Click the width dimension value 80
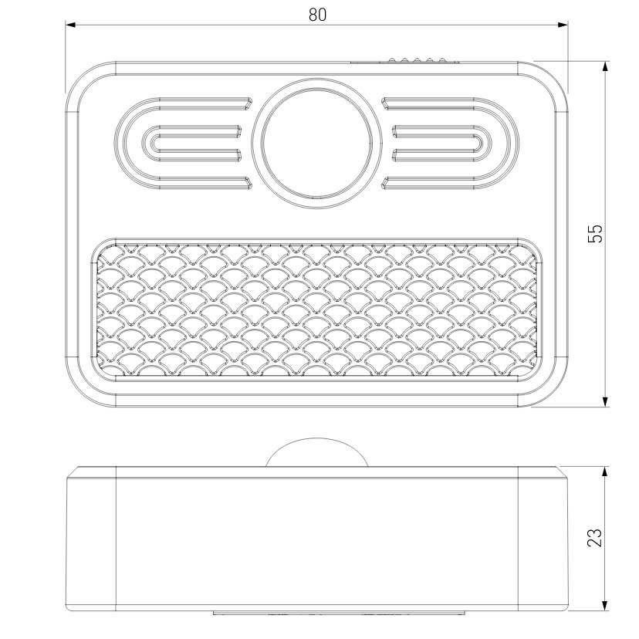click(x=317, y=15)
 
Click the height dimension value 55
click(x=595, y=234)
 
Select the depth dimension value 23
click(x=595, y=537)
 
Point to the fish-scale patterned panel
click(x=317, y=309)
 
